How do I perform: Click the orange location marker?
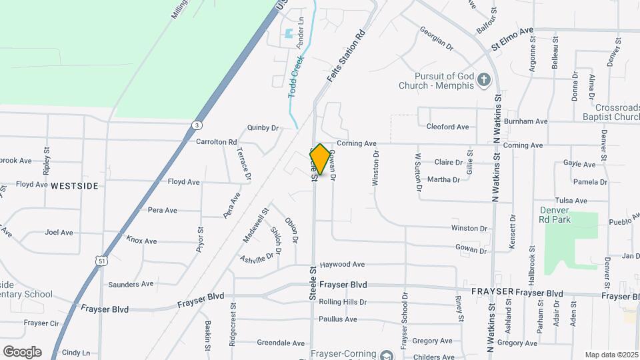point(320,159)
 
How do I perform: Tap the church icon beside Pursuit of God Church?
point(485,81)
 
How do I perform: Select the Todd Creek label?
point(294,78)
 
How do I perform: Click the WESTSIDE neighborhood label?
point(75,185)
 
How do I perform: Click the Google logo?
point(22,351)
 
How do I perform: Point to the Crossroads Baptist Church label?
point(608,112)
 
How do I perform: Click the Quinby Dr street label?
point(262,127)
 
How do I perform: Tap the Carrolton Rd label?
point(217,142)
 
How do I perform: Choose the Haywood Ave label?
point(342,265)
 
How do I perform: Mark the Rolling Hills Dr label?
point(343,302)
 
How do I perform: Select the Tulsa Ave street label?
point(572,201)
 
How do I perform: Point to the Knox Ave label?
point(141,241)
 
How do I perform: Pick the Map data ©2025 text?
point(611,355)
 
